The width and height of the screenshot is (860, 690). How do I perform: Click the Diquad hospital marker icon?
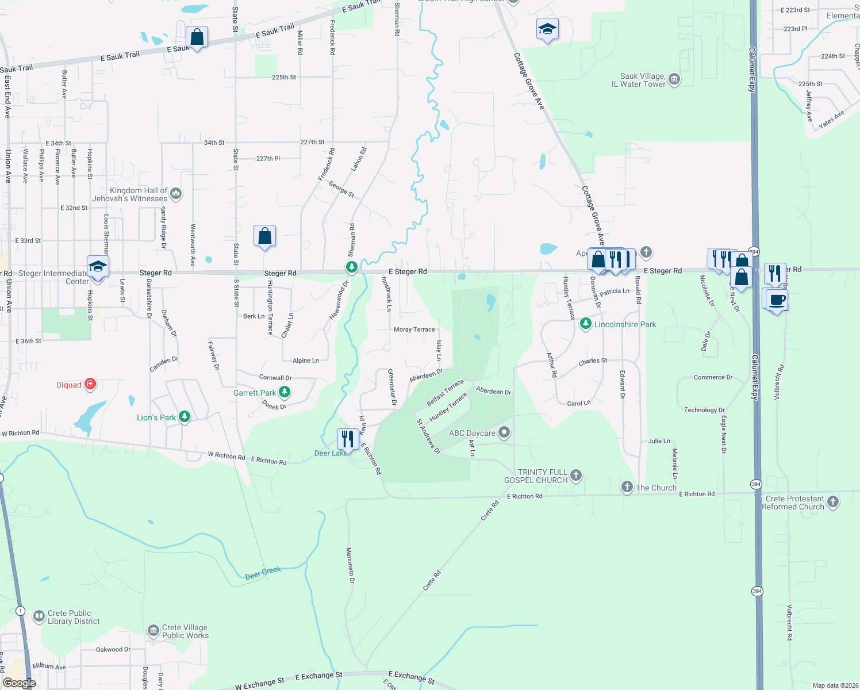(x=90, y=384)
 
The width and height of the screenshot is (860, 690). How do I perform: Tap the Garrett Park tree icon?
(x=284, y=392)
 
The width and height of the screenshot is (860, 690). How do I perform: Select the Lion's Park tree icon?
(x=184, y=417)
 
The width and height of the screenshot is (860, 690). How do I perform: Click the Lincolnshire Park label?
(x=625, y=324)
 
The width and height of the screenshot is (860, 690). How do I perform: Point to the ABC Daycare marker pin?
(x=504, y=432)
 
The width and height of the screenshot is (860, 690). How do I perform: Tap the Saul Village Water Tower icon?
(x=674, y=79)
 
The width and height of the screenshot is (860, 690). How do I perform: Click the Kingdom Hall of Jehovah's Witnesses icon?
(x=176, y=194)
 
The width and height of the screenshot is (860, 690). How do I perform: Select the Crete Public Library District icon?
(x=39, y=617)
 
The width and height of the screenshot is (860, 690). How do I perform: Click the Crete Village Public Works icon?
(x=153, y=631)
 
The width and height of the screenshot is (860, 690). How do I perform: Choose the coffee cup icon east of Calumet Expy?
(x=777, y=300)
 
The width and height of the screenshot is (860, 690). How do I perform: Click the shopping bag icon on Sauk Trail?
(x=197, y=37)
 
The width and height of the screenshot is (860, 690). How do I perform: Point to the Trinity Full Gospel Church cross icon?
(x=576, y=476)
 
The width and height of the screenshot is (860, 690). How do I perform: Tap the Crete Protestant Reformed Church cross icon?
(x=832, y=502)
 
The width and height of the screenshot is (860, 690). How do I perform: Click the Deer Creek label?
(x=263, y=573)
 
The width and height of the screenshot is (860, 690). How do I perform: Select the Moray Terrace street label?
(x=414, y=329)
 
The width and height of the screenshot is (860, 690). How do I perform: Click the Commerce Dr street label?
(x=713, y=377)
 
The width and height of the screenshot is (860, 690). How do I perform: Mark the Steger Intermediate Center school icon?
(x=98, y=267)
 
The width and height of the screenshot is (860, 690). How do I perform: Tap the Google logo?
(x=19, y=683)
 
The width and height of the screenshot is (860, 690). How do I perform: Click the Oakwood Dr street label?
(x=113, y=649)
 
